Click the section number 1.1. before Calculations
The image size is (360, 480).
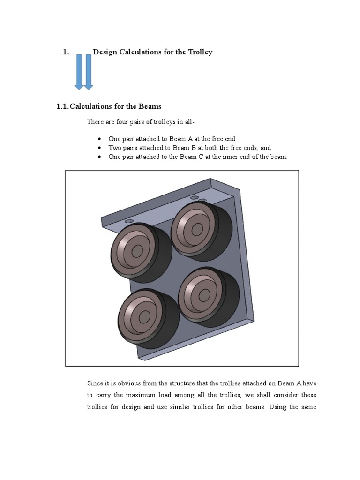point(62,107)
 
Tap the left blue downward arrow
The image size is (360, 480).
point(79,72)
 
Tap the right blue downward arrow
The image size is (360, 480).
point(88,72)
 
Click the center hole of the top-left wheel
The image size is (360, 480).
point(137,251)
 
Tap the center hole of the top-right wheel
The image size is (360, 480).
point(197,229)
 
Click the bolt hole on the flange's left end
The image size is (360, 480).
point(129,221)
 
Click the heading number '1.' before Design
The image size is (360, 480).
point(66,52)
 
